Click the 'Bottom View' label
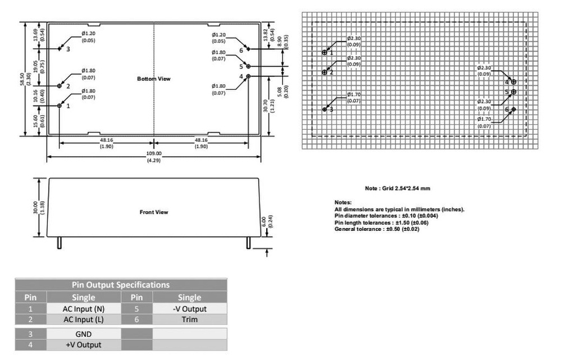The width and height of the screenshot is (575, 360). [x=153, y=79]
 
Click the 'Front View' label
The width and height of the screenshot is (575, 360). [x=153, y=212]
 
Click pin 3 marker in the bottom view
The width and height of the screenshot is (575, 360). [x=60, y=49]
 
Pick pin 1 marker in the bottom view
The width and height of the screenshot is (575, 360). [x=60, y=105]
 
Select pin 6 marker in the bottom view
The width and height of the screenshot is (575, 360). [x=248, y=49]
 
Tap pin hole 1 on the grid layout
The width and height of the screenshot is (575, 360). [x=325, y=52]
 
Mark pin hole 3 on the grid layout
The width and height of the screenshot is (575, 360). [x=325, y=109]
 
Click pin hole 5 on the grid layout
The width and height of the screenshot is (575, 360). [x=513, y=92]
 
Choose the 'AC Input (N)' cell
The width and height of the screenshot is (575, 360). [x=84, y=308]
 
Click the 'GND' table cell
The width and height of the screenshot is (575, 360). [x=84, y=334]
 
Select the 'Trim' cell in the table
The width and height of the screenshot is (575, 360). [x=189, y=319]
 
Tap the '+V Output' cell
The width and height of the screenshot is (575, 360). [x=84, y=344]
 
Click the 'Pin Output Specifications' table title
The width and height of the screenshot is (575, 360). [x=121, y=285]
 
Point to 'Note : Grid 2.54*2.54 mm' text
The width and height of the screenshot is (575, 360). [x=398, y=188]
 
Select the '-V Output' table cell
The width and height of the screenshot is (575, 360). [x=189, y=308]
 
